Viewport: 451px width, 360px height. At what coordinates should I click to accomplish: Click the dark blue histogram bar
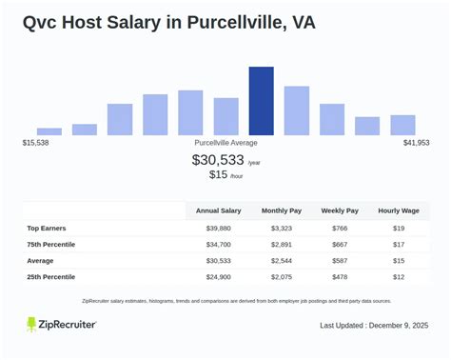tap(261, 101)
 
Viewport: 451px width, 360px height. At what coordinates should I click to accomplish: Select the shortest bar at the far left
tap(49, 131)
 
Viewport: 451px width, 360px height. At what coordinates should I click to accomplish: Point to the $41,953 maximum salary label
tap(416, 143)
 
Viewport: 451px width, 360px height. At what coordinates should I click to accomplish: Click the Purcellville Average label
tap(225, 143)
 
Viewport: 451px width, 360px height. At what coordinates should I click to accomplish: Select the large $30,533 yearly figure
tap(218, 160)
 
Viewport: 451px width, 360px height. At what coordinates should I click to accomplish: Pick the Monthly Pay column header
tap(282, 210)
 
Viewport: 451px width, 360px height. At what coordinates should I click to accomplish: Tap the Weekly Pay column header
tap(339, 210)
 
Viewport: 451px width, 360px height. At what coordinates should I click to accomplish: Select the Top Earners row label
tap(47, 229)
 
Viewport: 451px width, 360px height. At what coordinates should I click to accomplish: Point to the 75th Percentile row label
tap(51, 245)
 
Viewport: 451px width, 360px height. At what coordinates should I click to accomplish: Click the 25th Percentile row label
tap(51, 276)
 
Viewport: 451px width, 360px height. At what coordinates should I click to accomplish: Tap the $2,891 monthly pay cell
tap(282, 245)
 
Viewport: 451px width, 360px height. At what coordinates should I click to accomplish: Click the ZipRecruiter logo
tap(61, 325)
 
